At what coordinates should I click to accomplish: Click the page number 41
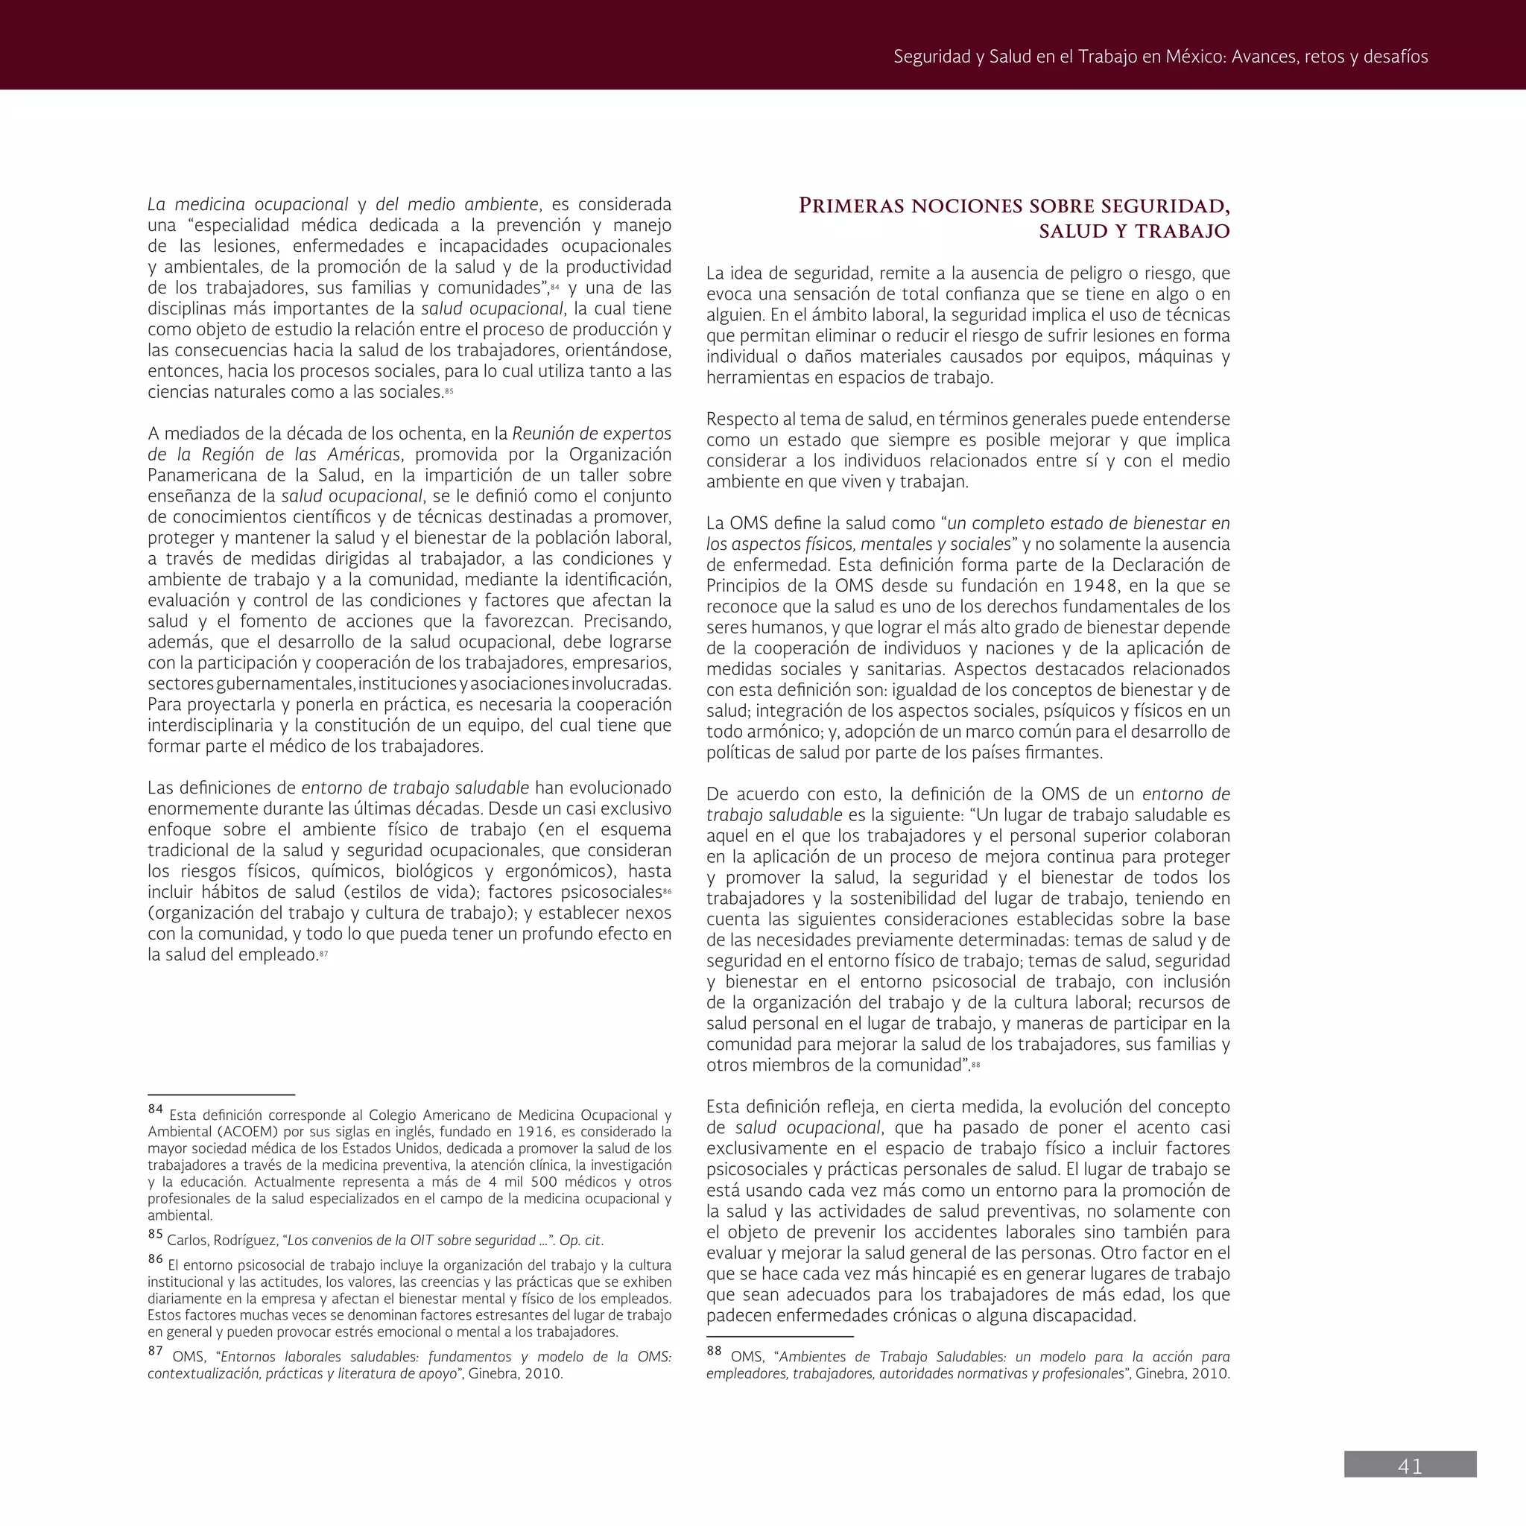coord(1410,1466)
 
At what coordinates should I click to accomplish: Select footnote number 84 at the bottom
coord(155,1109)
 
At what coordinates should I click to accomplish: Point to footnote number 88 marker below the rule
coord(714,1351)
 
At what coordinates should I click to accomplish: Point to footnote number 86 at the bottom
coord(155,1259)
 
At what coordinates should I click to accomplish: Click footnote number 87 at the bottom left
coord(155,1351)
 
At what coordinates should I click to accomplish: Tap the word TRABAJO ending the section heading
coord(1185,232)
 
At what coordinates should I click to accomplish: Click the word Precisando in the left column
coord(627,621)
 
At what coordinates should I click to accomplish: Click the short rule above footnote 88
coord(779,1337)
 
